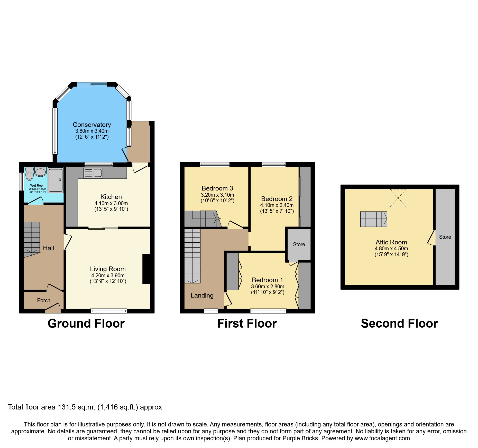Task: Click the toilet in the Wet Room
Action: tap(30, 175)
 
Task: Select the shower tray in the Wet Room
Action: tap(56, 180)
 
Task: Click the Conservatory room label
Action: tap(92, 125)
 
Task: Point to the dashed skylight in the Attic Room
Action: tap(398, 198)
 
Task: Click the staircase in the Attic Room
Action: tap(373, 219)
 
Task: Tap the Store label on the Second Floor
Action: tap(445, 237)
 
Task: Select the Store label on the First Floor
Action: tap(299, 244)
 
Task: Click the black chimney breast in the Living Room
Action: tap(146, 269)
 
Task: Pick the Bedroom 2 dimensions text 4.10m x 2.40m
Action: tap(277, 205)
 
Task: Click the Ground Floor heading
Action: tap(86, 323)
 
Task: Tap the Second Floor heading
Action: tap(399, 323)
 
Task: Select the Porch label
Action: tap(44, 300)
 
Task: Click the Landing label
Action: tap(202, 296)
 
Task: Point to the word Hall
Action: tap(48, 248)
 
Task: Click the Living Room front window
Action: tap(109, 311)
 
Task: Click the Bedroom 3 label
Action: tap(217, 188)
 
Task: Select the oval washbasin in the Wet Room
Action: tap(41, 172)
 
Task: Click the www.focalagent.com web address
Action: tap(382, 438)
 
